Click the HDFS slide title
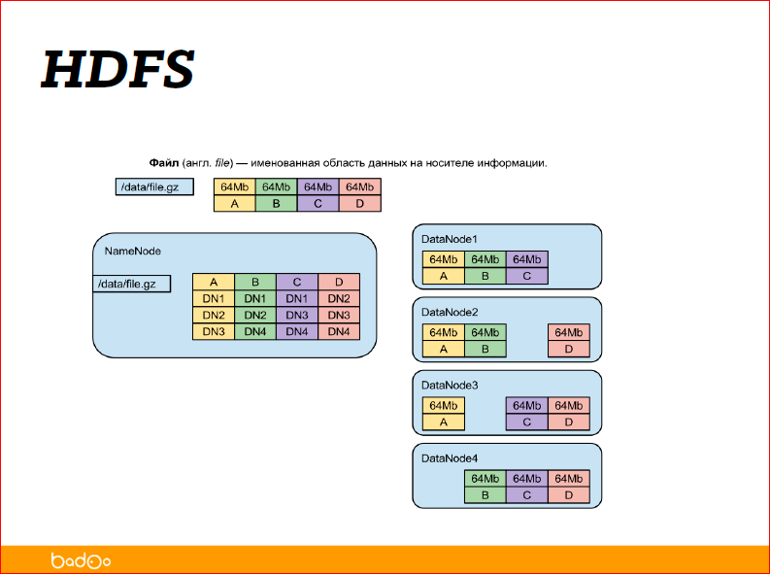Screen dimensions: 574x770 pos(117,69)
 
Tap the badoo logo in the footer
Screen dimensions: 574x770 pos(81,560)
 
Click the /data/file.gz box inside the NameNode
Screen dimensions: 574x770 pos(130,284)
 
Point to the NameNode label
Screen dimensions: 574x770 pos(132,251)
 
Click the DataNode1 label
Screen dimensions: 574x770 pos(449,238)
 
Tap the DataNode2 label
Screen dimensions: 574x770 pos(449,312)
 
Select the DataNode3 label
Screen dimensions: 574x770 pos(449,385)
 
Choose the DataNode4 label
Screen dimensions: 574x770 pos(449,457)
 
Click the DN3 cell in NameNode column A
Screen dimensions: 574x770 pos(214,331)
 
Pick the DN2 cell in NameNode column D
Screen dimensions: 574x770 pos(339,298)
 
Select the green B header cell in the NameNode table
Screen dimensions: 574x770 pos(255,282)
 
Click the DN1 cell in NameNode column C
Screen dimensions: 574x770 pos(297,298)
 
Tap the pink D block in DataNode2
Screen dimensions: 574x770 pos(568,349)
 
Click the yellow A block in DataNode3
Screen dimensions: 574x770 pos(444,422)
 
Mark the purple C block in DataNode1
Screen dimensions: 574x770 pos(526,276)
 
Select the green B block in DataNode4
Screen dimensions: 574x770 pos(485,495)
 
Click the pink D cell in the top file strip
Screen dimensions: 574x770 pos(359,204)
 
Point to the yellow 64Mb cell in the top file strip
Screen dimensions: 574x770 pos(234,187)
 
